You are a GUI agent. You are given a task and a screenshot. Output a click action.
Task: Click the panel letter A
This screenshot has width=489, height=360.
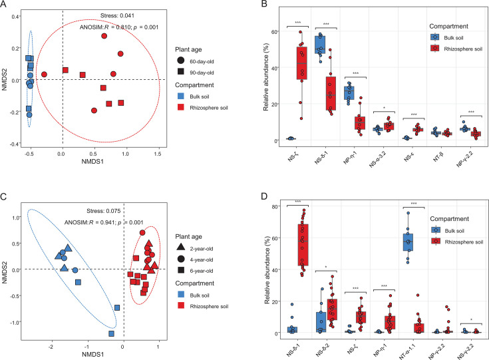pos(5,5)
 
